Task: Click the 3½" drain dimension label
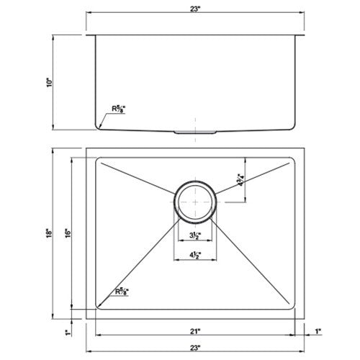(194, 235)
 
